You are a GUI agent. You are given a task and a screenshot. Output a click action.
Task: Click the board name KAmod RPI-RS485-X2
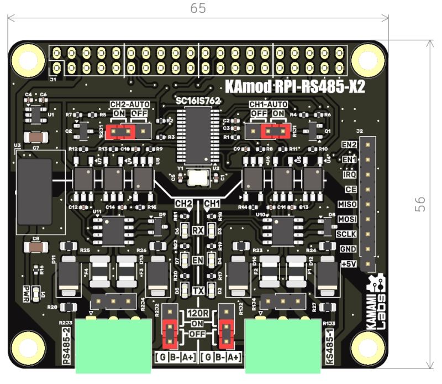tap(296, 87)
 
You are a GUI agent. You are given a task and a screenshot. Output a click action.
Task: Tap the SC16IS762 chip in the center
tap(197, 133)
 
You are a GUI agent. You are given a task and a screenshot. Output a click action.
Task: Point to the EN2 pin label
tap(349, 144)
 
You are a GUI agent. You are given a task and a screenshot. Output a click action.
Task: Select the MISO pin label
tap(346, 204)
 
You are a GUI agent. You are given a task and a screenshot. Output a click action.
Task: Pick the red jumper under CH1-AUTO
tap(275, 131)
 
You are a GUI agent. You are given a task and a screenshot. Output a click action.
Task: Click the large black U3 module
tap(34, 191)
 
